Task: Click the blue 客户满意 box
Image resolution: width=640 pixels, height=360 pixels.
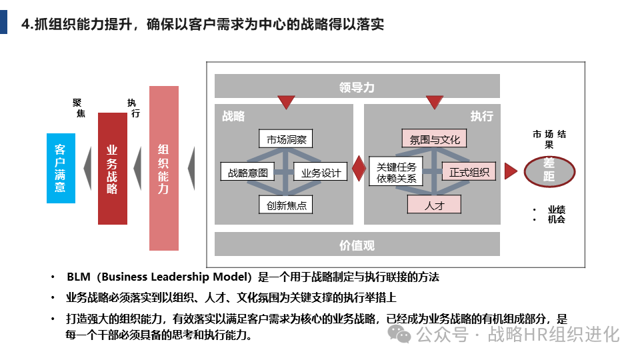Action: pos(61,168)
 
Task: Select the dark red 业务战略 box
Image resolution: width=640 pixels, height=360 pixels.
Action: pos(112,169)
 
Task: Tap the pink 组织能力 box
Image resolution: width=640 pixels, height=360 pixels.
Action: pos(163,169)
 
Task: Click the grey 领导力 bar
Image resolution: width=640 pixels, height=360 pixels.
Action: pos(357,87)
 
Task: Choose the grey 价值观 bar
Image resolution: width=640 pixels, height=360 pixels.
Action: pos(357,245)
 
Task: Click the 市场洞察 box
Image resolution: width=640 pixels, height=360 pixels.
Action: pos(285,139)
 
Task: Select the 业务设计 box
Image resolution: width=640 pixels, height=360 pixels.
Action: pos(321,173)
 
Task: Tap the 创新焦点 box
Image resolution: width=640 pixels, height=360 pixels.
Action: pos(286,205)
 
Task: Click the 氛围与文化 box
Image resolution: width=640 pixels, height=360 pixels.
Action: pos(435,139)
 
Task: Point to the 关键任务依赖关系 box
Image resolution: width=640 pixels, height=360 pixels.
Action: pos(396,173)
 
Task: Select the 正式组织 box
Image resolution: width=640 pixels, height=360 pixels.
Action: pos(469,173)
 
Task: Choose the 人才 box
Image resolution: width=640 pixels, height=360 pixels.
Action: pos(434,205)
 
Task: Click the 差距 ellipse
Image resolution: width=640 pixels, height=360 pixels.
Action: pos(549,169)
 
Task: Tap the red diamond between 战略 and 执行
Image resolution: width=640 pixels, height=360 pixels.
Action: pos(359,169)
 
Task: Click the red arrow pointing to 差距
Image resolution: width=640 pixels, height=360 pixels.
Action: pos(511,171)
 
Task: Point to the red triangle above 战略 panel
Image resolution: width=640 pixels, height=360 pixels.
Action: pos(286,102)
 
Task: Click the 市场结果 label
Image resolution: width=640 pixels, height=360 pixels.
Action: pos(549,139)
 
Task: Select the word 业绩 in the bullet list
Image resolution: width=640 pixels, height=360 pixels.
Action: pos(556,209)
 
